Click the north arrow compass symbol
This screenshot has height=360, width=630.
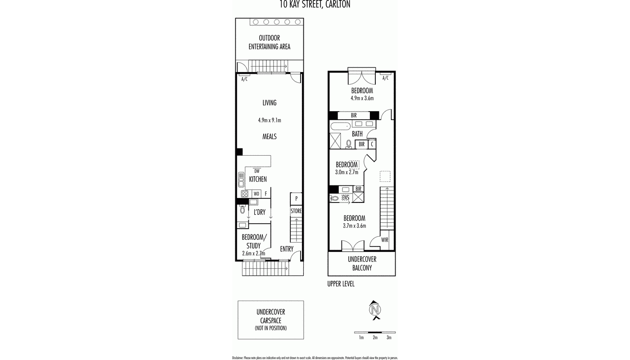[x=374, y=310]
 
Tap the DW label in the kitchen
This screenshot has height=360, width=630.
[x=257, y=171]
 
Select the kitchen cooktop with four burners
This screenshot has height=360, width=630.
[x=244, y=194]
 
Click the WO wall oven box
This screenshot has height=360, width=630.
[x=256, y=194]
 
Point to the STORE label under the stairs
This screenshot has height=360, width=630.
[x=296, y=211]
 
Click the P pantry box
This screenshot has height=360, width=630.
[x=296, y=198]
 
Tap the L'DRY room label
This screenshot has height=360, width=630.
[x=259, y=212]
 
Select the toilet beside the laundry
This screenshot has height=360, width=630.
[x=243, y=209]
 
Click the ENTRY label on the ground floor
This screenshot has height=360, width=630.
[x=287, y=249]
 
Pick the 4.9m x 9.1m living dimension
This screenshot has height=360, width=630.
[x=270, y=120]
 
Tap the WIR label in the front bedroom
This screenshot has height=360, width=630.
[x=385, y=240]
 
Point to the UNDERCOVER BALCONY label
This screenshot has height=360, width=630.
[x=362, y=264]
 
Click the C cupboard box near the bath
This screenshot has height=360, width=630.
[x=372, y=144]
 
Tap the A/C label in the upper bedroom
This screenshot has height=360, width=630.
[x=385, y=78]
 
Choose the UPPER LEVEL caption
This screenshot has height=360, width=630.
[x=341, y=284]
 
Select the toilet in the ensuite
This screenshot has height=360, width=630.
[x=335, y=198]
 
